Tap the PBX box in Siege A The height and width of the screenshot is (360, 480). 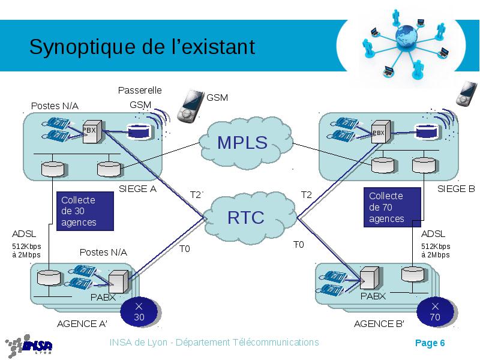click(x=92, y=131)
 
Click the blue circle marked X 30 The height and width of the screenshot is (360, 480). click(x=140, y=312)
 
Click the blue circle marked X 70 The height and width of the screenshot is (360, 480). click(x=436, y=312)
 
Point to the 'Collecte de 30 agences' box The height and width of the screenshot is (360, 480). click(x=85, y=211)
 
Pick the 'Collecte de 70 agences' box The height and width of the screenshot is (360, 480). click(x=392, y=207)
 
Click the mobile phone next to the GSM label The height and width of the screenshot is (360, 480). click(x=190, y=106)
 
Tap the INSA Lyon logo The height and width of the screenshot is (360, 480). click(x=28, y=346)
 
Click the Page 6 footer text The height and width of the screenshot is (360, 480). click(x=430, y=343)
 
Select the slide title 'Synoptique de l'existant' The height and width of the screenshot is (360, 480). click(x=142, y=47)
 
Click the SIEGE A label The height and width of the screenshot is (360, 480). click(x=137, y=189)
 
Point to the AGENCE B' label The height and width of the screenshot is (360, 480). click(x=379, y=323)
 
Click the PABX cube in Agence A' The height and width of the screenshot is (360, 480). click(x=118, y=281)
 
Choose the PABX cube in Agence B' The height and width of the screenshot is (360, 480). click(x=370, y=278)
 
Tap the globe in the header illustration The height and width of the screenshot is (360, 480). click(x=406, y=35)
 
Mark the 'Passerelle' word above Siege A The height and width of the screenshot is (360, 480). click(x=140, y=91)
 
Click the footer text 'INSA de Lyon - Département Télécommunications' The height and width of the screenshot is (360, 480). click(x=214, y=342)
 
